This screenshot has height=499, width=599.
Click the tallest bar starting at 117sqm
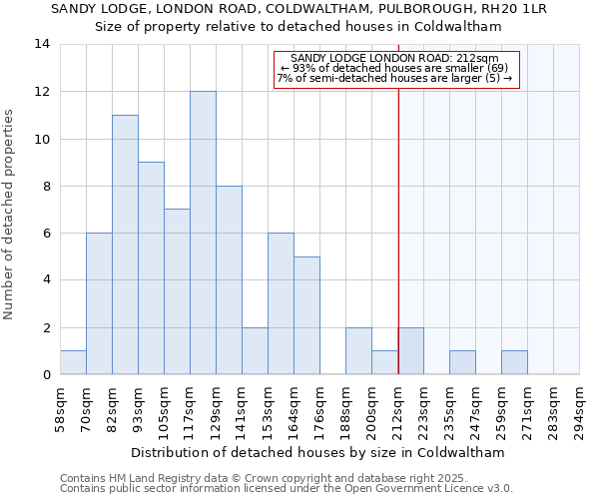(203, 233)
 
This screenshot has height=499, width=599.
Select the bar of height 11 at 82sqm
(125, 245)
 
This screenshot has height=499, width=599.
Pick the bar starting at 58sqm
(73, 362)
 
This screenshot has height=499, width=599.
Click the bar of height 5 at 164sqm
(306, 315)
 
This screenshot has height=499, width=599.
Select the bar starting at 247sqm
(462, 362)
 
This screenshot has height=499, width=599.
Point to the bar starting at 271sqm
(514, 362)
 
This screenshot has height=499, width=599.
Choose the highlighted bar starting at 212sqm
(410, 350)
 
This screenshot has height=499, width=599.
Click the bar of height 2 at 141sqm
(255, 350)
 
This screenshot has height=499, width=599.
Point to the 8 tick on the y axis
(45, 186)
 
